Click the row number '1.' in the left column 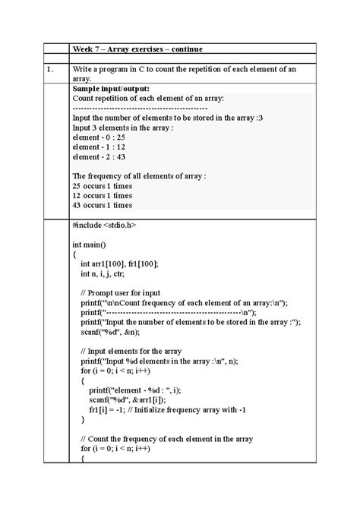point(49,70)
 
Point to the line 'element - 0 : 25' point(99,137)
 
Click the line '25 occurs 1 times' point(102,185)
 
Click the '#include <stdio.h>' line point(104,226)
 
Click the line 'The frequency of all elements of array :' point(139,175)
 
